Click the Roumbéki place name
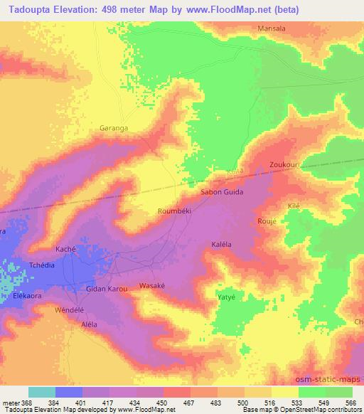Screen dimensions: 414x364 tap(171, 211)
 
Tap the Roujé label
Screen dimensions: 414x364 tap(264, 221)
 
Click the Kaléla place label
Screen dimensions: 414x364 tap(224, 244)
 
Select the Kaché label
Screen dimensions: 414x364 tap(65, 250)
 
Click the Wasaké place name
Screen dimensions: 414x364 tap(151, 285)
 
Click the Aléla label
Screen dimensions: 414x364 tap(89, 324)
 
